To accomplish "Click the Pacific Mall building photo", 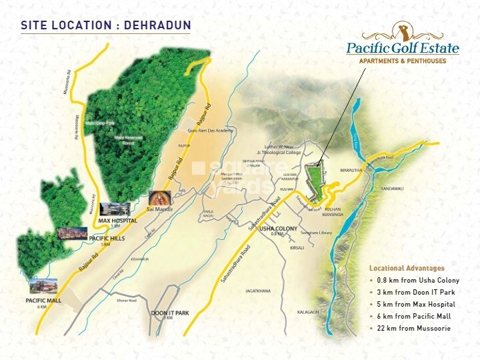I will [x=43, y=287].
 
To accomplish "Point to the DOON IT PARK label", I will [x=170, y=313].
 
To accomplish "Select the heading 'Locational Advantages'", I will [x=407, y=269].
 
